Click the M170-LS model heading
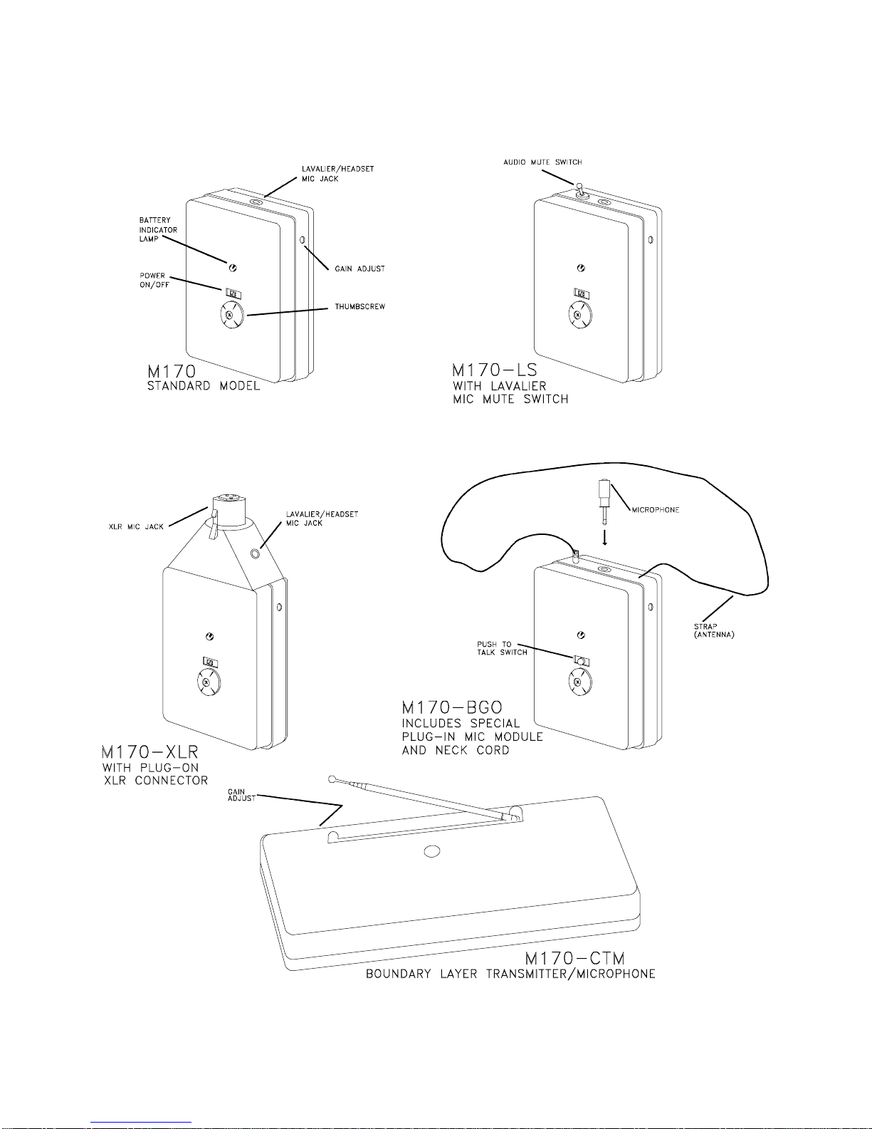point(495,370)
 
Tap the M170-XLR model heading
point(149,752)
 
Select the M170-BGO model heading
point(452,707)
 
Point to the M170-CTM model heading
point(574,959)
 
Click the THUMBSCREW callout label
point(359,307)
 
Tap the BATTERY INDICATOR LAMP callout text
point(158,229)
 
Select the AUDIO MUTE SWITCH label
point(542,162)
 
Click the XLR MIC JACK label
point(135,527)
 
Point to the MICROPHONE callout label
point(655,510)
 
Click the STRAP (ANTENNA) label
point(713,630)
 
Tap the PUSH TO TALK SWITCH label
point(502,648)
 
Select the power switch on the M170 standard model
point(233,293)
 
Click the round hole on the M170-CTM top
point(431,851)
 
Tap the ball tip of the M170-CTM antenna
point(332,779)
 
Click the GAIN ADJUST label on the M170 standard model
point(359,269)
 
